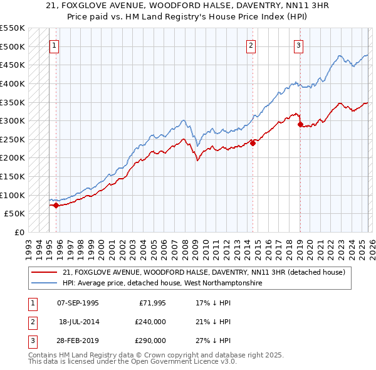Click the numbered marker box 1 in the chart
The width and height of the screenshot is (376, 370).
click(x=55, y=45)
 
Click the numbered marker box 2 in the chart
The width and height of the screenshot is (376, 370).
click(x=251, y=45)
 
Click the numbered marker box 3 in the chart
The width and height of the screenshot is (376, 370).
click(x=298, y=45)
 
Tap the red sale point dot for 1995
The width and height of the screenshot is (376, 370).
click(x=56, y=205)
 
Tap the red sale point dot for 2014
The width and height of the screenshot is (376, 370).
click(x=253, y=143)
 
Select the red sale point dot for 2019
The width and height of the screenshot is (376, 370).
click(x=300, y=124)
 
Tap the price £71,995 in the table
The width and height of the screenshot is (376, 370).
click(x=152, y=302)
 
